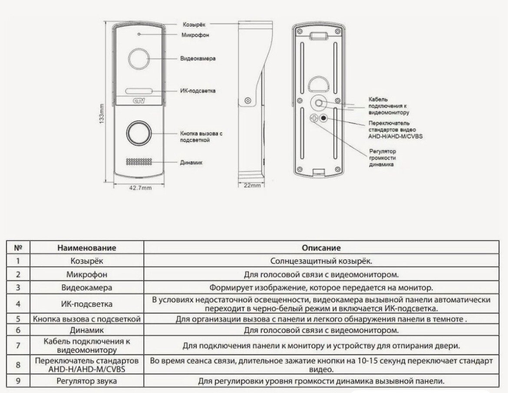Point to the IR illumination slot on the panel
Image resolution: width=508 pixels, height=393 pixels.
139,91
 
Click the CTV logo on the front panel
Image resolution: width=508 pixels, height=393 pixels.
138,103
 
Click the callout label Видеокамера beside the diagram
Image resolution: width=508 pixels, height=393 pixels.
198,58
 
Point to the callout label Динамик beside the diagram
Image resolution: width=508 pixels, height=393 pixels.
191,162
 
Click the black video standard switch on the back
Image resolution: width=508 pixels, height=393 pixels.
323,118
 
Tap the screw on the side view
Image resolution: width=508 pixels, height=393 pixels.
247,101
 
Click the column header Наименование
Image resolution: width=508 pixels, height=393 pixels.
87,248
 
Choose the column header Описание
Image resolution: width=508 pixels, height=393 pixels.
321,248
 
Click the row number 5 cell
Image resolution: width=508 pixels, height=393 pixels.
18,319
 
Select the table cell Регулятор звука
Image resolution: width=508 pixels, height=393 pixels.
87,381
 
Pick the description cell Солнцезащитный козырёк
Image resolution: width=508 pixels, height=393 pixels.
321,261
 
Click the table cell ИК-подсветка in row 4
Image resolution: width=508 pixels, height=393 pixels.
87,304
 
